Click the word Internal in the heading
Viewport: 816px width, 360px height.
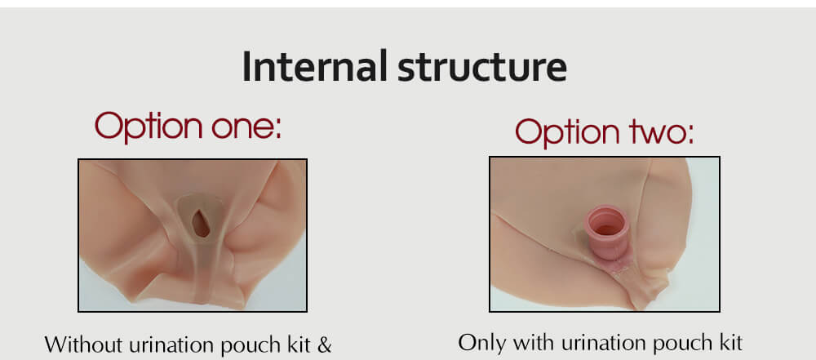click(x=315, y=66)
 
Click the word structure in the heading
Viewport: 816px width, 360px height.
click(x=482, y=68)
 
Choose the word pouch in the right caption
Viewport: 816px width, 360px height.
click(x=678, y=344)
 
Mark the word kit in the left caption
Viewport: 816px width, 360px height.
click(x=298, y=345)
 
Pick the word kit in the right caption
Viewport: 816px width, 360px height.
click(x=728, y=344)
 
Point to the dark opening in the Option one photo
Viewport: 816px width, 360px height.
click(x=201, y=224)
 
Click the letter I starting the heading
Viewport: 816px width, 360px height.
click(x=246, y=67)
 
